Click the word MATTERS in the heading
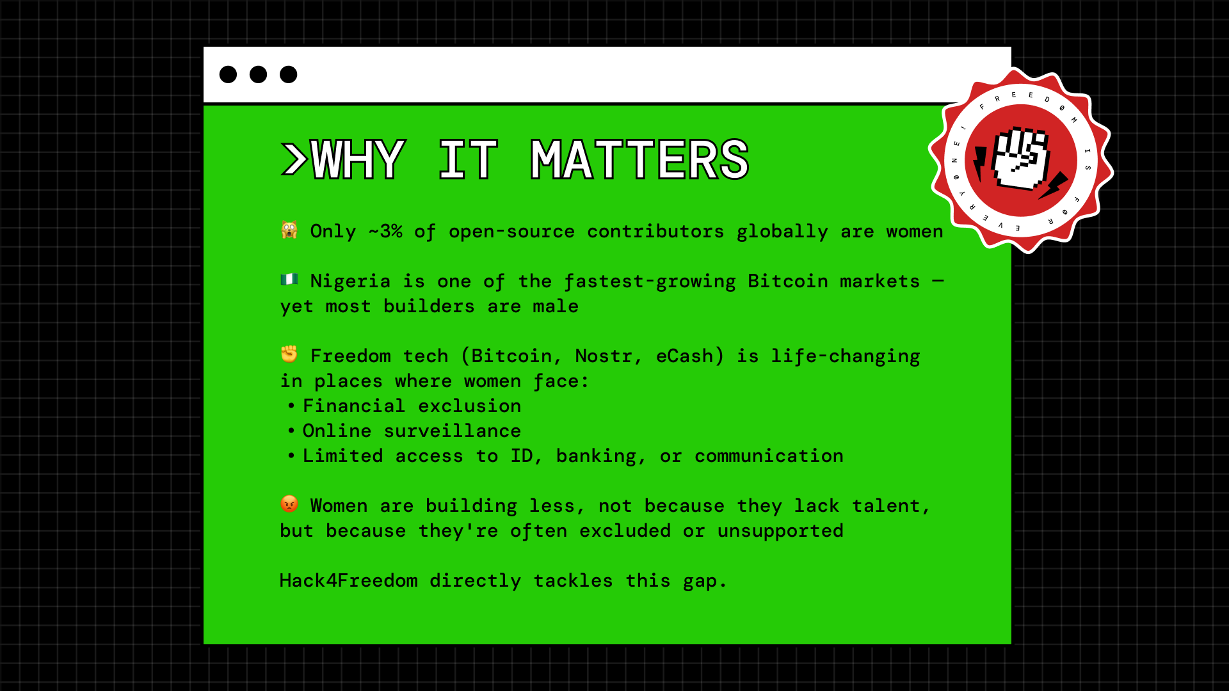coord(639,160)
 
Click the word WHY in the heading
coord(357,160)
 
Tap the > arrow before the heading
coord(294,160)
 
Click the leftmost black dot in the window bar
coord(228,74)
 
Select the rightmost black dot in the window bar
coord(289,74)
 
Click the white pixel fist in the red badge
coord(1020,159)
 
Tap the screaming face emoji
coord(289,230)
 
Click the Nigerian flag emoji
coord(289,279)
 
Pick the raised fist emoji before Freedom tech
coord(289,354)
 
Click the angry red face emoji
coord(289,504)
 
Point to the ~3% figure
coord(385,231)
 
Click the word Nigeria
coord(350,281)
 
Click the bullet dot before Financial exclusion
coord(291,406)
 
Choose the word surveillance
coord(453,431)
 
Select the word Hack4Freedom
coord(349,580)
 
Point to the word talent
coord(890,506)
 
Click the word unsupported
coord(780,531)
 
